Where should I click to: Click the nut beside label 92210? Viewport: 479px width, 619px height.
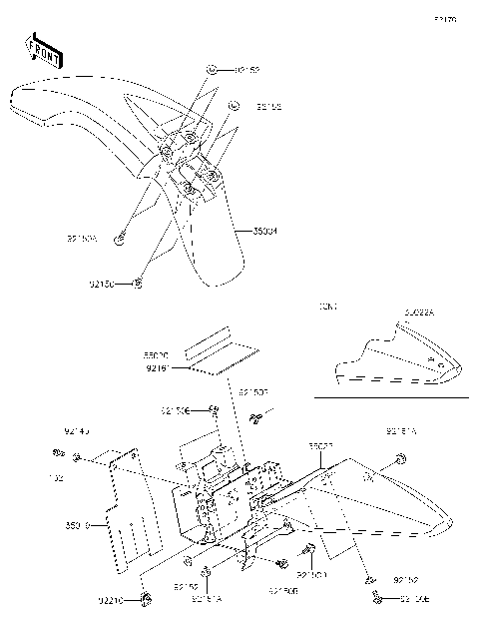pyautogui.click(x=146, y=599)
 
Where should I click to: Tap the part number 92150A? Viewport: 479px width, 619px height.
pyautogui.click(x=81, y=240)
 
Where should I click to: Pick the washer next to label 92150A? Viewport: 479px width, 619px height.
pyautogui.click(x=119, y=237)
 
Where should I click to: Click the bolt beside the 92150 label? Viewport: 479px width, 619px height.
pyautogui.click(x=138, y=285)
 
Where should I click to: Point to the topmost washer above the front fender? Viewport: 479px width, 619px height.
pyautogui.click(x=214, y=70)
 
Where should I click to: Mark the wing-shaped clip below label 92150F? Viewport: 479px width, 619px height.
pyautogui.click(x=255, y=416)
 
